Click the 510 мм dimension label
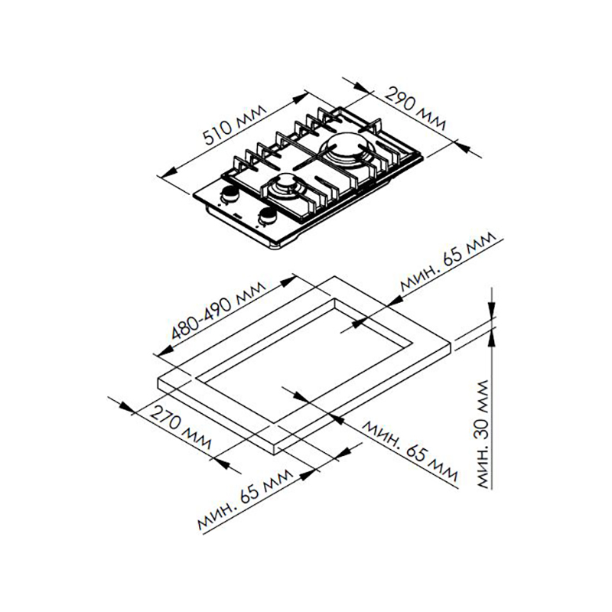tap(235, 125)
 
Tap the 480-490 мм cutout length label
tap(219, 311)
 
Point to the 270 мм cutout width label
tap(181, 428)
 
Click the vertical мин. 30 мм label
tap(483, 434)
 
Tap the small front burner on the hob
tap(285, 186)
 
